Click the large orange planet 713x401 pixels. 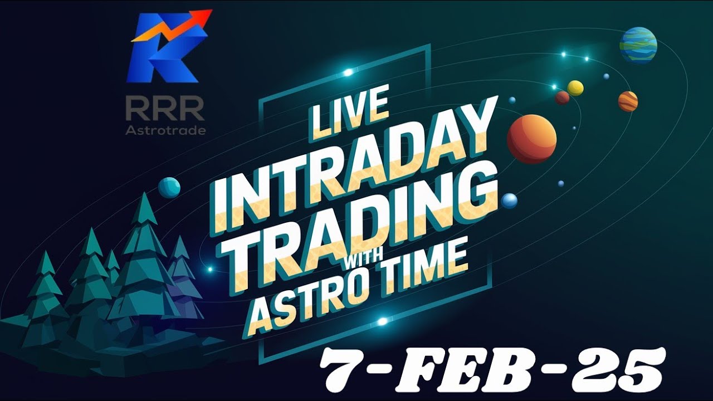[532, 139]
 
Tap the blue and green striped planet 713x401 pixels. [638, 45]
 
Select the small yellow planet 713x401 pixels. [575, 88]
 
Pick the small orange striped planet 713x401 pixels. [628, 101]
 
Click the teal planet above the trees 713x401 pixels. [169, 188]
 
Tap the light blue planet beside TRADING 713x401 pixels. [509, 201]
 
